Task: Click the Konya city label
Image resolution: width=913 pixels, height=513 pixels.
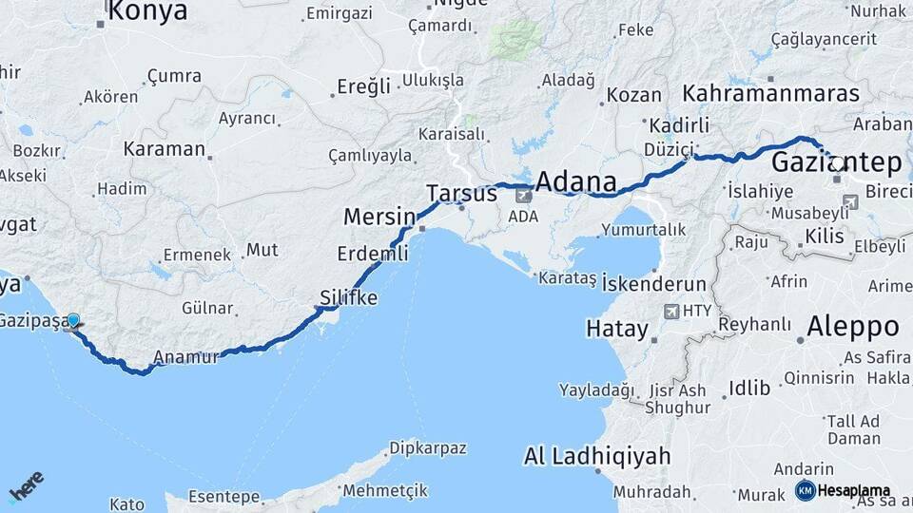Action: pyautogui.click(x=147, y=11)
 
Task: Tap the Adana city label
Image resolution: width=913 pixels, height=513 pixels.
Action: pyautogui.click(x=575, y=181)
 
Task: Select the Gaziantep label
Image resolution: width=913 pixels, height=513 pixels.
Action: pyautogui.click(x=836, y=162)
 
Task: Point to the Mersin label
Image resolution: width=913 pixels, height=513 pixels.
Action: pyautogui.click(x=379, y=217)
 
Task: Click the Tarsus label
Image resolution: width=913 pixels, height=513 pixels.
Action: pyautogui.click(x=461, y=194)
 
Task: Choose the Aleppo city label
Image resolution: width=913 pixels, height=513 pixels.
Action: pyautogui.click(x=852, y=327)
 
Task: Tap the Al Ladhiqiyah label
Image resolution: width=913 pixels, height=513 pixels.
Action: pyautogui.click(x=597, y=457)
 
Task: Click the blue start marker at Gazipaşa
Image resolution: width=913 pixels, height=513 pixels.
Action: pyautogui.click(x=74, y=322)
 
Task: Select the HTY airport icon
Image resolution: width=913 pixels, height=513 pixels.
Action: pyautogui.click(x=672, y=311)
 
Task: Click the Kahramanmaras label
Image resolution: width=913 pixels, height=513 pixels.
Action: pyautogui.click(x=771, y=93)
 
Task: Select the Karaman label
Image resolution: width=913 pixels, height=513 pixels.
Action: pyautogui.click(x=164, y=149)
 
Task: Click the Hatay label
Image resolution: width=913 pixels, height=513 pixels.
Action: pyautogui.click(x=616, y=330)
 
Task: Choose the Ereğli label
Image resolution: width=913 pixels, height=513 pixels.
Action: pyautogui.click(x=363, y=87)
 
